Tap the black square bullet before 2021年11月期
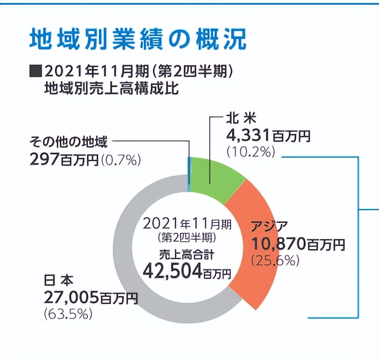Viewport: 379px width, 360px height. coord(35,72)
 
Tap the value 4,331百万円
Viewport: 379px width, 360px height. coord(267,135)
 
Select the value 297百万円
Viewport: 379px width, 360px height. coord(64,159)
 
